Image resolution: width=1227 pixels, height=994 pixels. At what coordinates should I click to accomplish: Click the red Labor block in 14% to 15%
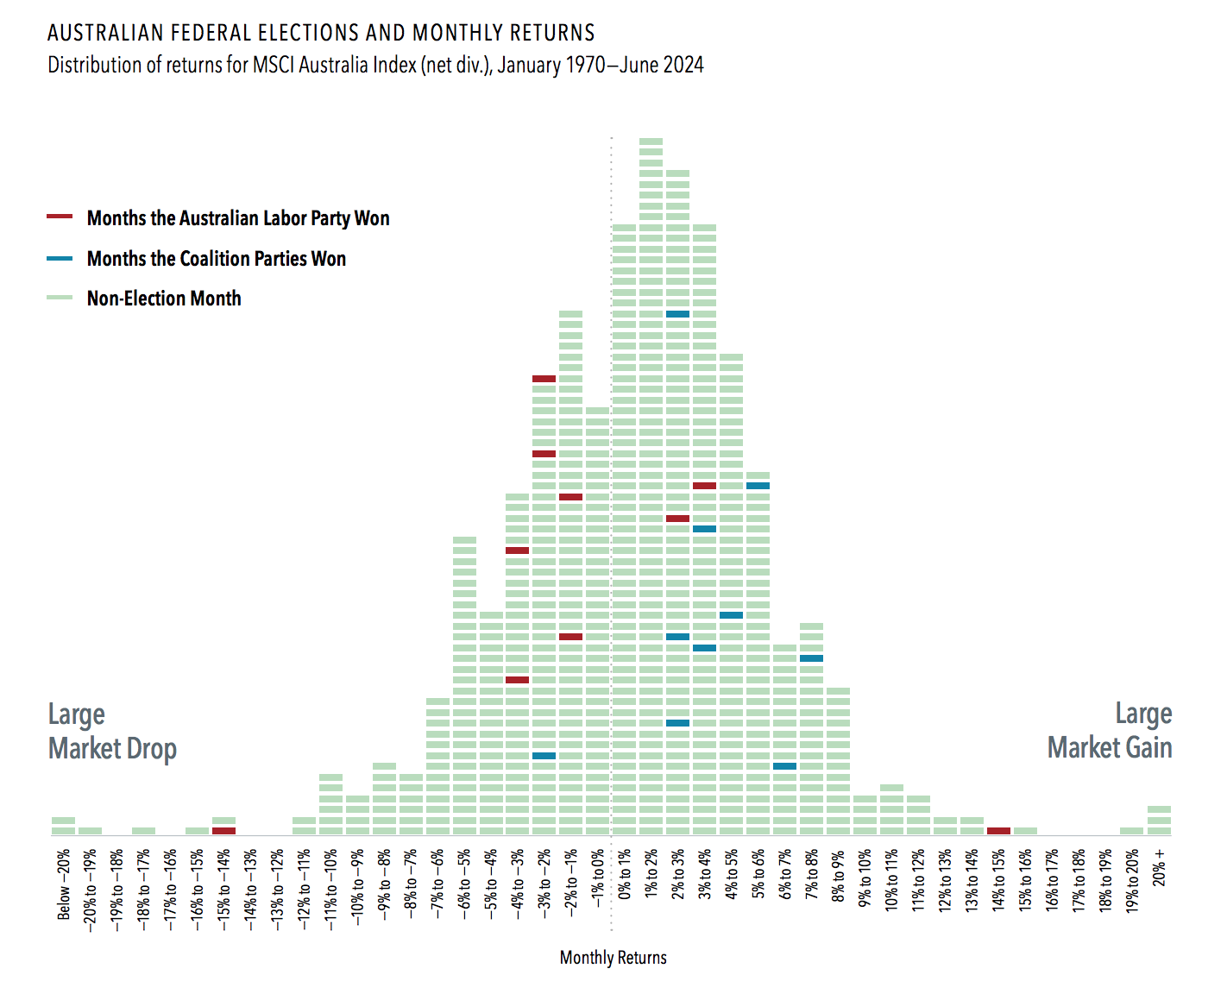pyautogui.click(x=998, y=830)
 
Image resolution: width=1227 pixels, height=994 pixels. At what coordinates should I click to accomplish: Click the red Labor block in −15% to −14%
pyautogui.click(x=223, y=830)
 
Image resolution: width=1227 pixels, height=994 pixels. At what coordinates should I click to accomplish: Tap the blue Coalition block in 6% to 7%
pyautogui.click(x=784, y=765)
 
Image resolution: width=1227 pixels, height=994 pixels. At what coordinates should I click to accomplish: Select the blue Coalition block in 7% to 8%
pyautogui.click(x=811, y=658)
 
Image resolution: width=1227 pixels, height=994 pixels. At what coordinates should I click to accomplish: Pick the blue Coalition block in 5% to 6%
pyautogui.click(x=758, y=486)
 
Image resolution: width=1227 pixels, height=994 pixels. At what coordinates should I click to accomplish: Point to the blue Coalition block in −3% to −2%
pyautogui.click(x=544, y=755)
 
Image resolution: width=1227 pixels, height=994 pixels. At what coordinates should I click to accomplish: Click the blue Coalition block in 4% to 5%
pyautogui.click(x=731, y=615)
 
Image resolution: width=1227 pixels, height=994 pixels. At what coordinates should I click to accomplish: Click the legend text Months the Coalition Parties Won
pyautogui.click(x=216, y=259)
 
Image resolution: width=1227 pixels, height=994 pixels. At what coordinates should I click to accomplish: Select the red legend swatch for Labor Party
pyautogui.click(x=60, y=217)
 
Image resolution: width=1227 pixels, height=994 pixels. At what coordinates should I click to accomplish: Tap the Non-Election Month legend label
pyautogui.click(x=164, y=299)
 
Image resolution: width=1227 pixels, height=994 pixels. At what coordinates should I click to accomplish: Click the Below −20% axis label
pyautogui.click(x=64, y=884)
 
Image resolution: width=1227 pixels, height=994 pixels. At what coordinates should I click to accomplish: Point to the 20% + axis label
pyautogui.click(x=1160, y=867)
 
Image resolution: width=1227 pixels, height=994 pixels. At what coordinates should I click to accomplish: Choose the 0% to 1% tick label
pyautogui.click(x=625, y=873)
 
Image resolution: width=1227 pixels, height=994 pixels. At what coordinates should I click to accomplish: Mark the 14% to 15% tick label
pyautogui.click(x=998, y=880)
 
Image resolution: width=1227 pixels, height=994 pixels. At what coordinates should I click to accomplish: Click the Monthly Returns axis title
pyautogui.click(x=613, y=958)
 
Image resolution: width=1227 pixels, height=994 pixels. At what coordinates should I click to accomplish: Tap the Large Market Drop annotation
pyautogui.click(x=112, y=732)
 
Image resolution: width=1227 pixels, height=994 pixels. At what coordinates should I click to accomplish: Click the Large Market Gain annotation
pyautogui.click(x=1110, y=731)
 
